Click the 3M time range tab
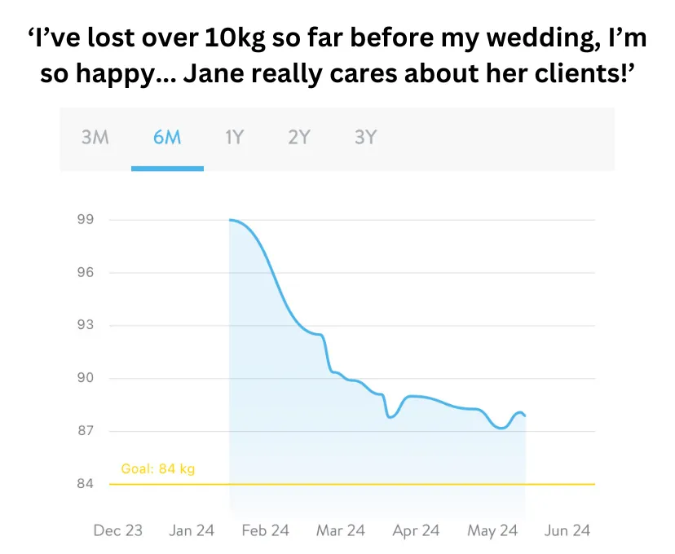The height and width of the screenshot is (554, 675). click(95, 137)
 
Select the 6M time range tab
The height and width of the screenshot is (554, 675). click(167, 137)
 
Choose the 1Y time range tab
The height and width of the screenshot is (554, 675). click(234, 137)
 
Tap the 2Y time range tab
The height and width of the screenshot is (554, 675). click(299, 137)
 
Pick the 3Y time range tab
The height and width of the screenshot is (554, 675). click(365, 137)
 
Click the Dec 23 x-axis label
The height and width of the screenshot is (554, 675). click(117, 531)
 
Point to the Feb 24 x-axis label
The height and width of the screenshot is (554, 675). click(266, 531)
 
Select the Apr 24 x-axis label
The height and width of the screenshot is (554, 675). click(417, 531)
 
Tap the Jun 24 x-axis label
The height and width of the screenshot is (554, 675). click(567, 531)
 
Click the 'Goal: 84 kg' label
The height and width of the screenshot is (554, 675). click(158, 469)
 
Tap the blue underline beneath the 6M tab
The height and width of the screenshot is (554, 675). click(167, 169)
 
